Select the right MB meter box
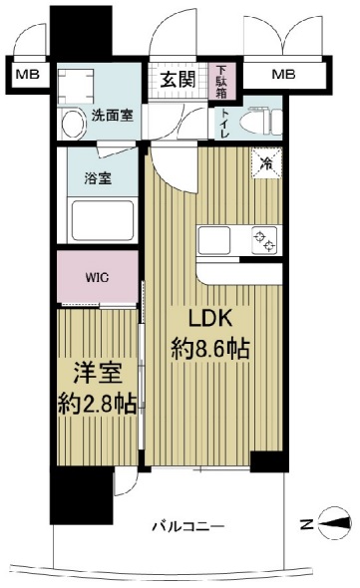point(284,74)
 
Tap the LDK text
point(212,321)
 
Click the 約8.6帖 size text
point(212,351)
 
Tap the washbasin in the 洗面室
point(72,123)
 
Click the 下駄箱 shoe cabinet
point(221,81)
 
